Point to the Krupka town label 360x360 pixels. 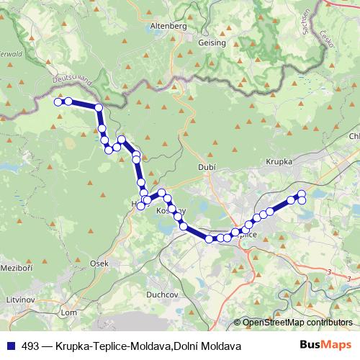click(x=279, y=162)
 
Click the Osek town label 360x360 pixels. click(x=99, y=264)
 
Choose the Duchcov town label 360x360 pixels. click(x=157, y=294)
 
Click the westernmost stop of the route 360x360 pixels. click(x=58, y=102)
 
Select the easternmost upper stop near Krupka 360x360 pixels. click(x=302, y=194)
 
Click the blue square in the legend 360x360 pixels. click(x=12, y=346)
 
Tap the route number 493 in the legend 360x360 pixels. click(x=31, y=346)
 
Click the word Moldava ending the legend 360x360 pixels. click(x=220, y=346)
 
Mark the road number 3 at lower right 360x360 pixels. click(x=329, y=271)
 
